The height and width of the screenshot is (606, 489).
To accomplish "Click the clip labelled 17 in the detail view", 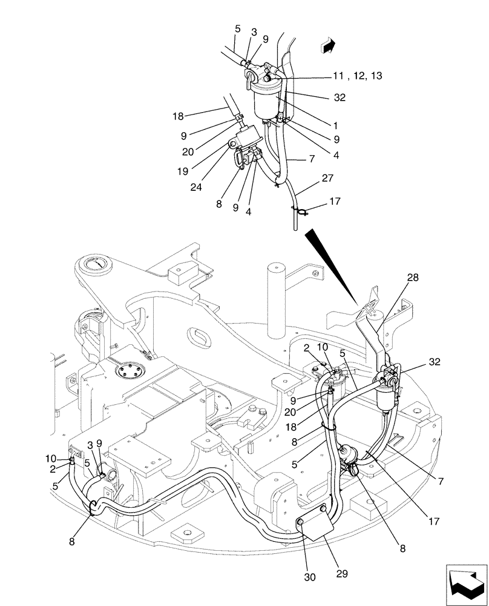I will tap(301, 211).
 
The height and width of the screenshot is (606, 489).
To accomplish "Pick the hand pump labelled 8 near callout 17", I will tap(349, 459).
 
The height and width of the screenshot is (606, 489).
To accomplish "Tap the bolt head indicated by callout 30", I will tap(301, 523).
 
